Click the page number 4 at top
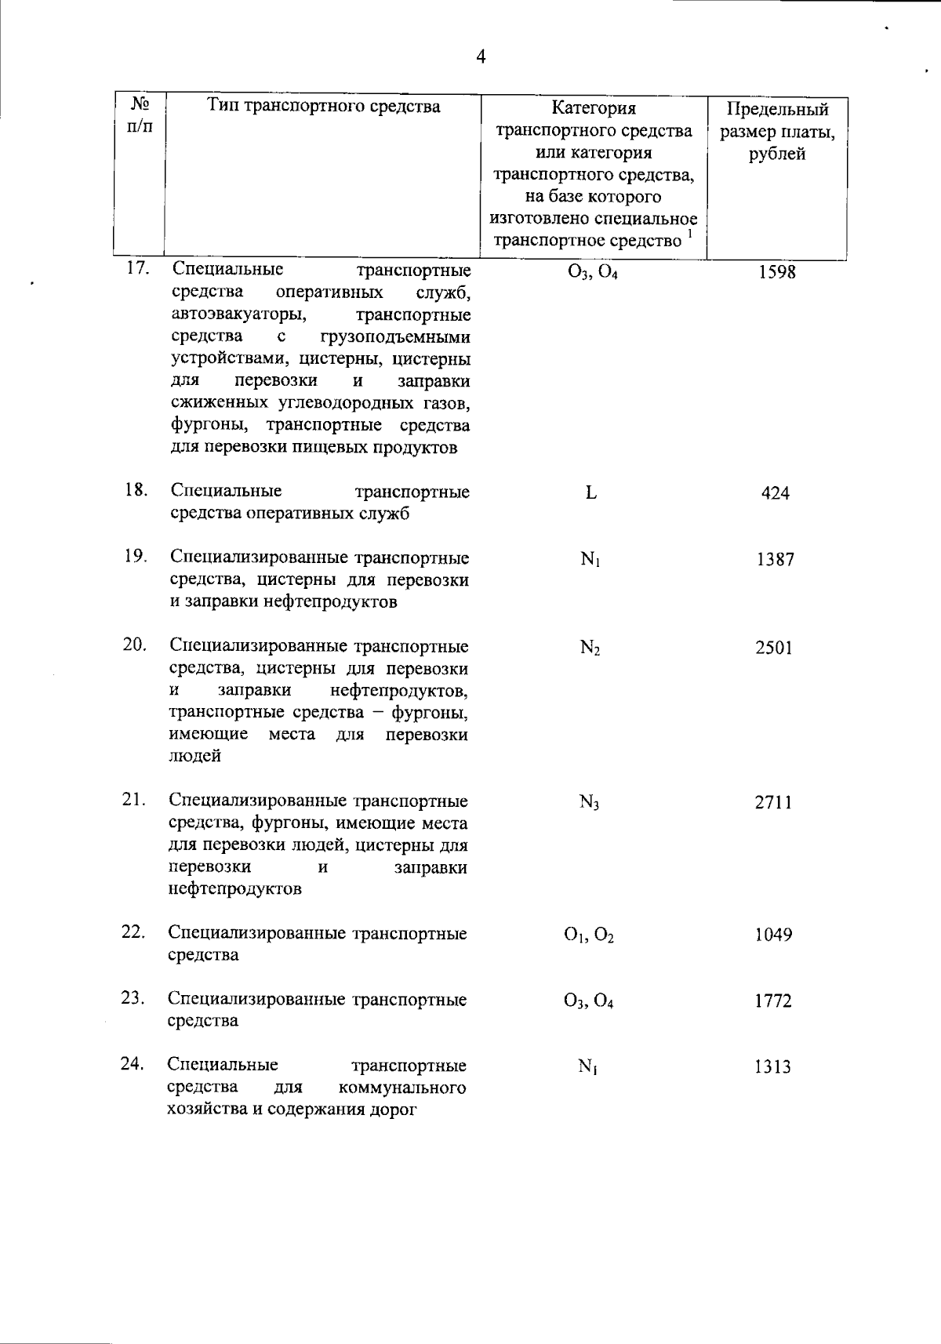[x=481, y=56]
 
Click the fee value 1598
[x=776, y=272]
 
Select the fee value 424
[x=775, y=493]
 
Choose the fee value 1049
[x=773, y=935]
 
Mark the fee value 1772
[x=773, y=1001]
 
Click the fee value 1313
[x=773, y=1067]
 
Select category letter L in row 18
[x=590, y=493]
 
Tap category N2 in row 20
[x=590, y=648]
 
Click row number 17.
[x=137, y=268]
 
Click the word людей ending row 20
[x=194, y=757]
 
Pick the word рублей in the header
[x=776, y=154]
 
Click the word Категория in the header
[x=593, y=108]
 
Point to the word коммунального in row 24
[x=402, y=1088]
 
